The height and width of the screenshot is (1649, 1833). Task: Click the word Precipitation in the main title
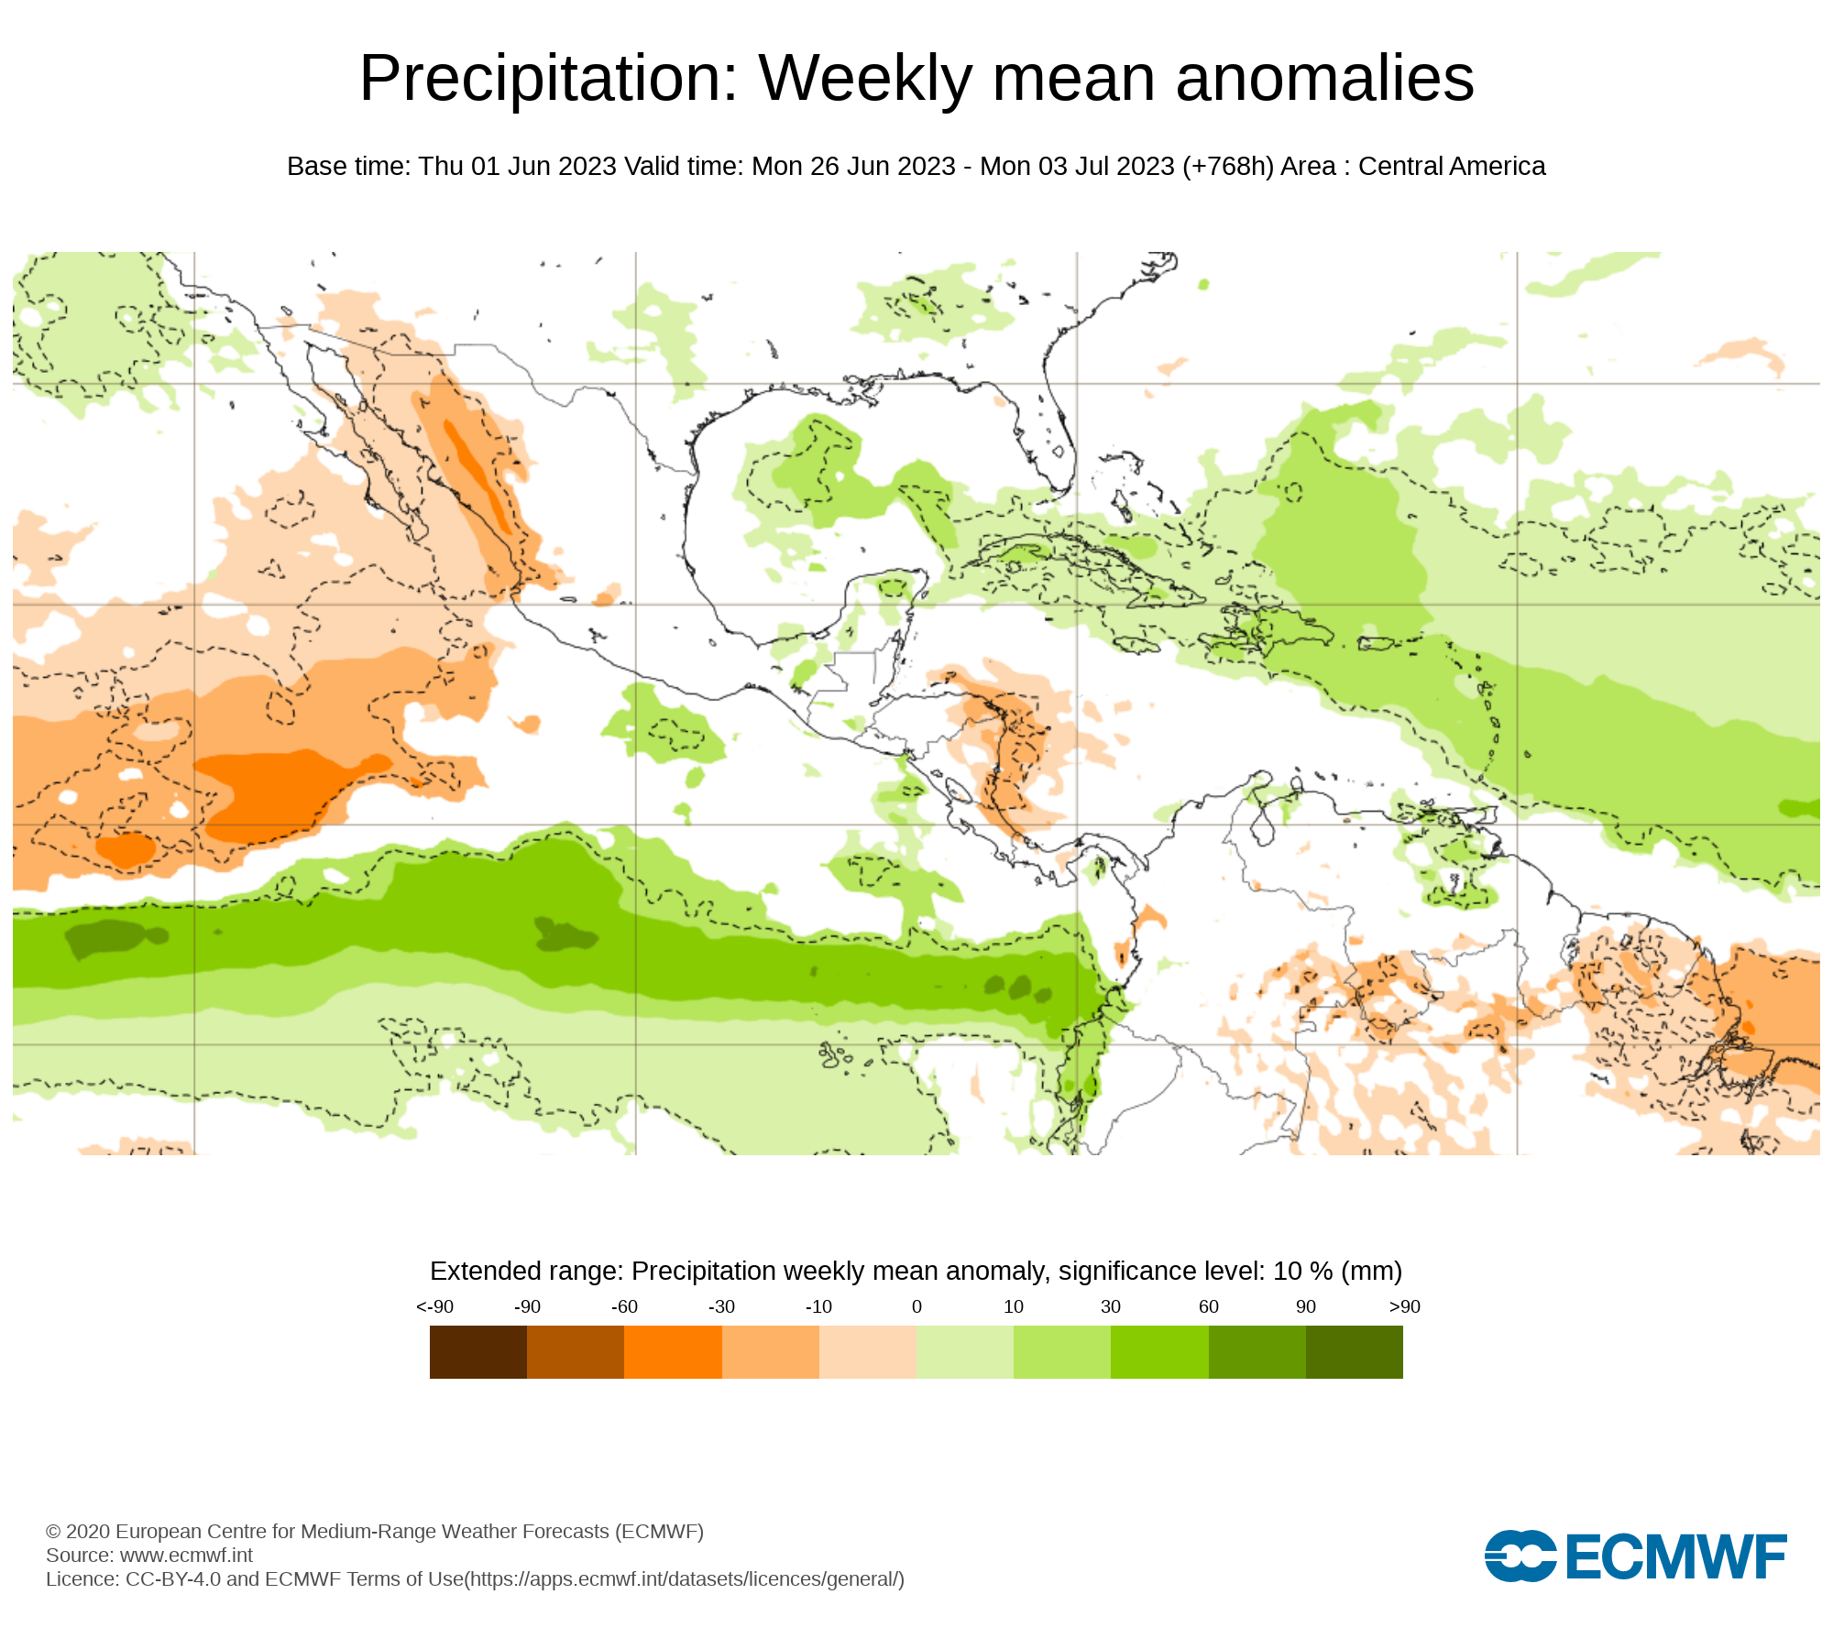(548, 79)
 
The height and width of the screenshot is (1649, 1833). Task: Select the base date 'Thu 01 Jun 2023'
(517, 167)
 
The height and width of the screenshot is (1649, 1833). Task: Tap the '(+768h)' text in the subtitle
(1228, 167)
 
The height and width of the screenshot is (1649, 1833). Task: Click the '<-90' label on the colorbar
(435, 1306)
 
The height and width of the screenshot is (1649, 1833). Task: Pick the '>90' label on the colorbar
(1404, 1306)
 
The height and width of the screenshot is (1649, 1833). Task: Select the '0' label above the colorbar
(916, 1306)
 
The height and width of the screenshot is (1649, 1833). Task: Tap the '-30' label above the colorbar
(721, 1306)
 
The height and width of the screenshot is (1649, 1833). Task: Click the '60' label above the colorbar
(1209, 1306)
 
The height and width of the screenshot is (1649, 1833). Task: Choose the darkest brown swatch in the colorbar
(478, 1352)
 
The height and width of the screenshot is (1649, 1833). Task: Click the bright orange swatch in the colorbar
(673, 1352)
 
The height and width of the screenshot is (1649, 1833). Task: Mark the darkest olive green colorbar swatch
(1355, 1352)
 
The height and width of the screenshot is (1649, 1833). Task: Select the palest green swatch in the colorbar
(965, 1352)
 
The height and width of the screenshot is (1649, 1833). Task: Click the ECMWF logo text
(1676, 1556)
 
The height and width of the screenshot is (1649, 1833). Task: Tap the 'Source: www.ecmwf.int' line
(149, 1555)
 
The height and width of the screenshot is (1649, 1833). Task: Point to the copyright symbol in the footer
(53, 1532)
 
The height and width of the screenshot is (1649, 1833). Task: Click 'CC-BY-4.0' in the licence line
(173, 1579)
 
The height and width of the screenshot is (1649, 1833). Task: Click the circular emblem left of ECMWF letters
(1520, 1556)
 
